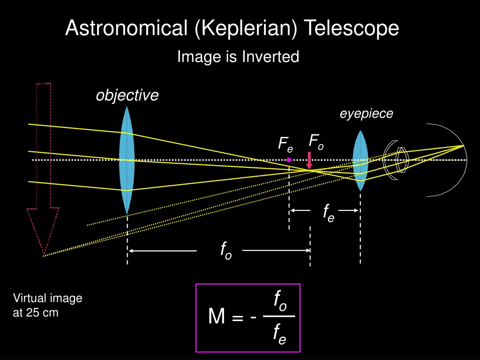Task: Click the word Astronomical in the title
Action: point(126,28)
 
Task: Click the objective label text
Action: point(127,95)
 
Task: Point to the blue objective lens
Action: point(127,160)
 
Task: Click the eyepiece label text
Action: point(367,114)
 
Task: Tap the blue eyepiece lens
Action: point(360,161)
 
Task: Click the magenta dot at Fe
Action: point(289,160)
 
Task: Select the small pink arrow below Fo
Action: point(309,160)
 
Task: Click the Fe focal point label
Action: point(285,144)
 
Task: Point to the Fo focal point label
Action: point(316,142)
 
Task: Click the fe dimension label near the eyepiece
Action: point(329,212)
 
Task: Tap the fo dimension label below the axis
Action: point(226,250)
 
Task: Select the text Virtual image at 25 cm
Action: point(47,305)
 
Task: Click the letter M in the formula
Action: point(217,316)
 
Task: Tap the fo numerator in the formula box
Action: point(280,301)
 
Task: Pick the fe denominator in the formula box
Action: point(279,334)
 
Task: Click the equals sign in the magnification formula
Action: point(238,318)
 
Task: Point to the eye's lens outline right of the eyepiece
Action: point(402,160)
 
